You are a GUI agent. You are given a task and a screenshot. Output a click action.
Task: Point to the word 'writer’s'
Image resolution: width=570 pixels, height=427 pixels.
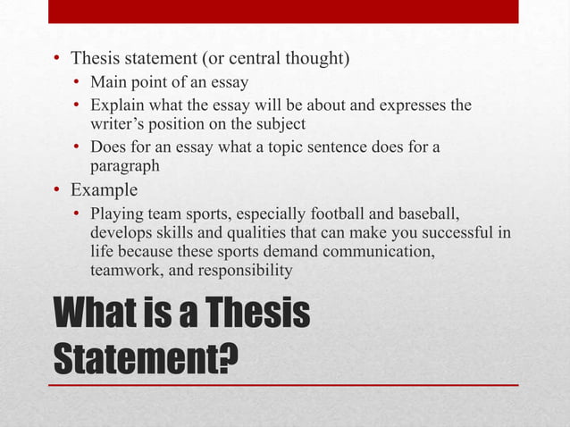click(116, 124)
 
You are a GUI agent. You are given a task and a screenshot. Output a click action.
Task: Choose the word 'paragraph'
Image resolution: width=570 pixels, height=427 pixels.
click(124, 165)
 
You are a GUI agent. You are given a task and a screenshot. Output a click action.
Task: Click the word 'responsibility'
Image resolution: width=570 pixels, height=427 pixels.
click(245, 271)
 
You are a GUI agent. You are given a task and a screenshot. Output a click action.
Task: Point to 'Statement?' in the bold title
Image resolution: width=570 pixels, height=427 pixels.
click(147, 359)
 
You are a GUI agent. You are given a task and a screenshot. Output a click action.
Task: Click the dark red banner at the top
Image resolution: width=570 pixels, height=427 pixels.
click(283, 11)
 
